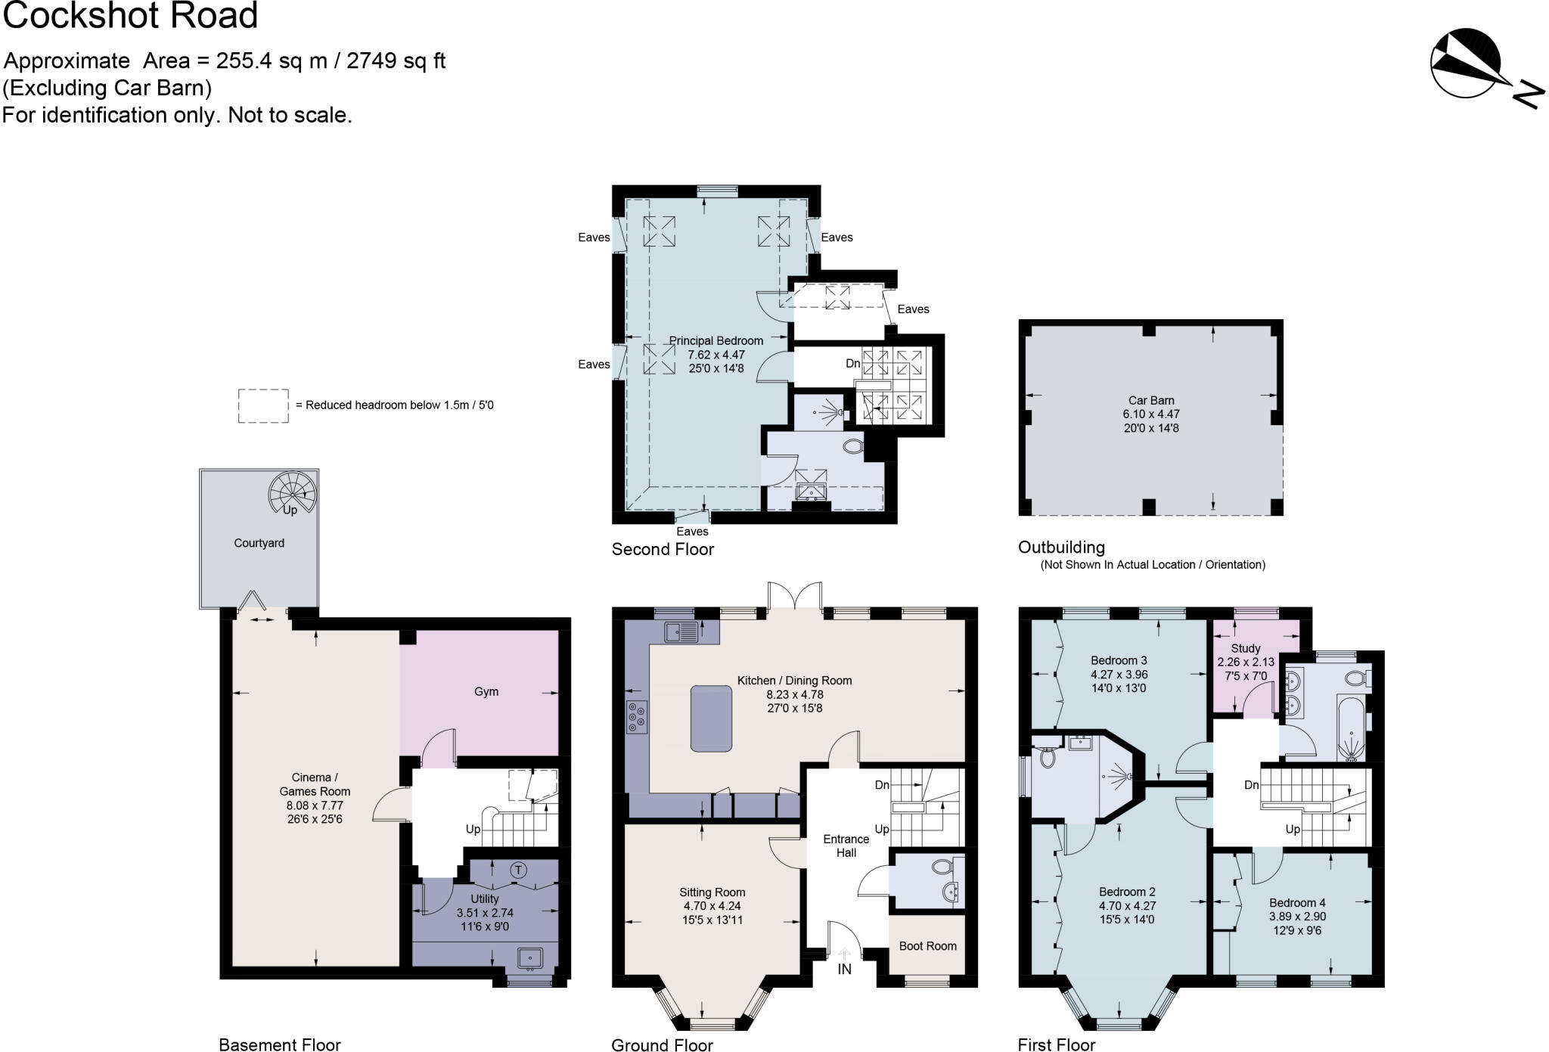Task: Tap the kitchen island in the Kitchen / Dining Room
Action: tap(711, 718)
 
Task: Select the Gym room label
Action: tap(486, 691)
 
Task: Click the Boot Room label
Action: tap(927, 945)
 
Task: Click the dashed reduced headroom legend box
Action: tap(263, 405)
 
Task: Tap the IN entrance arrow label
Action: tap(844, 969)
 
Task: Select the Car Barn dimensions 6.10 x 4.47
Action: tap(1151, 414)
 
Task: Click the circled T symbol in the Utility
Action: tap(518, 870)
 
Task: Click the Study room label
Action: tap(1245, 648)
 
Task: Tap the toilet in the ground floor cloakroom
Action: tap(942, 867)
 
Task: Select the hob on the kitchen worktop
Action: tap(636, 717)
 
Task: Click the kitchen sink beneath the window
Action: tap(678, 631)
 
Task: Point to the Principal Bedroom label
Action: tap(716, 340)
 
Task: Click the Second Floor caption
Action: tap(663, 549)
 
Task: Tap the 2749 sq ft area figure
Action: tap(396, 61)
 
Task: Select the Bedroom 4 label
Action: tap(1297, 902)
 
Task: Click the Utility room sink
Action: tap(529, 958)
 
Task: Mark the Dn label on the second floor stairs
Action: tap(852, 363)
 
